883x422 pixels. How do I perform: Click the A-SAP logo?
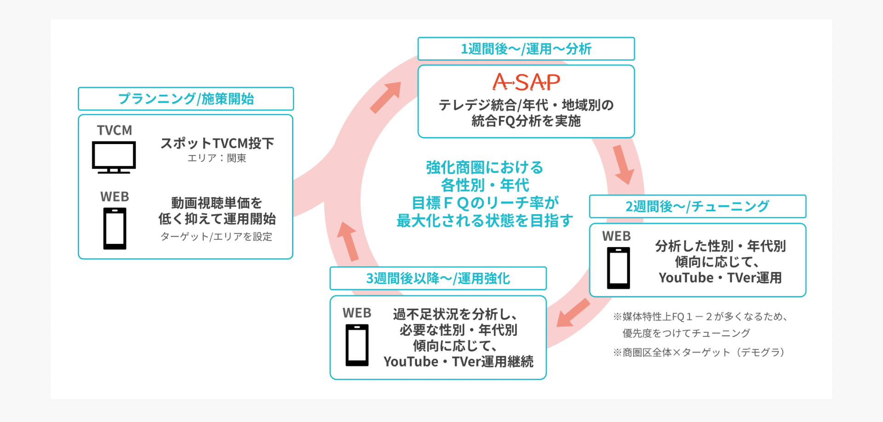click(526, 82)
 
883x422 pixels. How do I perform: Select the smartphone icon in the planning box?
click(115, 228)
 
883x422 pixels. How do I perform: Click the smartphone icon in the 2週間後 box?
click(619, 268)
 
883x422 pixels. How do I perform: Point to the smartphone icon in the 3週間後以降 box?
click(357, 345)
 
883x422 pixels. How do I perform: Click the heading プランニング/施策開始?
click(186, 98)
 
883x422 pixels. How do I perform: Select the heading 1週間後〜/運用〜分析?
click(526, 49)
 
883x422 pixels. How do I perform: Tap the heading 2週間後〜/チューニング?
click(697, 206)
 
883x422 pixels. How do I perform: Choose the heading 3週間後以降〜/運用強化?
click(438, 278)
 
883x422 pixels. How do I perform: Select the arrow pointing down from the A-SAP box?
click(623, 165)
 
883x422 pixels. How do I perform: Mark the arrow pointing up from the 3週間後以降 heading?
click(348, 241)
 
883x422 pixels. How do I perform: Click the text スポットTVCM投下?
click(217, 143)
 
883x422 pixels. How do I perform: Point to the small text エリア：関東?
click(217, 158)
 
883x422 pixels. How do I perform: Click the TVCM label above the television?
click(115, 130)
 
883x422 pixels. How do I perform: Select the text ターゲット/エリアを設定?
click(216, 237)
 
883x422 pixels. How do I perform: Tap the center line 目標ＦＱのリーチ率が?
click(485, 202)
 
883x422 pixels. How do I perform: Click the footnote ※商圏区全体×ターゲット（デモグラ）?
click(699, 353)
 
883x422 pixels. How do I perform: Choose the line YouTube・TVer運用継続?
click(459, 362)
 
